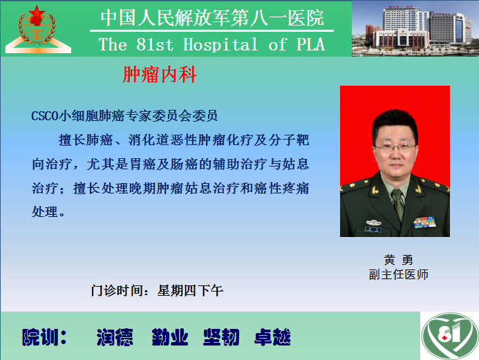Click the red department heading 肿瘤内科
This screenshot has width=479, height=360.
tap(160, 75)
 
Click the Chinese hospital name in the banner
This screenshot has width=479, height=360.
tap(212, 18)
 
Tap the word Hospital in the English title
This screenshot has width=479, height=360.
tap(220, 45)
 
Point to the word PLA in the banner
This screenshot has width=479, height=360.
tap(310, 45)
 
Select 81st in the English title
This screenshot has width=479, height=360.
tap(155, 45)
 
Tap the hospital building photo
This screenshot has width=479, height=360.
tap(415, 29)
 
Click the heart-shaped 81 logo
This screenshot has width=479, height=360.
tap(449, 336)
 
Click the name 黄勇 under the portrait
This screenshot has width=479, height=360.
tap(398, 260)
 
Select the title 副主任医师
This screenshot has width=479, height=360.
tap(398, 274)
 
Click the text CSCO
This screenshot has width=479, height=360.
tap(45, 116)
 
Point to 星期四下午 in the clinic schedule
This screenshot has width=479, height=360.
tap(190, 290)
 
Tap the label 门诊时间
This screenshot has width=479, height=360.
tap(117, 290)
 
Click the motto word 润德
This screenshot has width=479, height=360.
tap(115, 337)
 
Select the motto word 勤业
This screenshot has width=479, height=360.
tap(170, 337)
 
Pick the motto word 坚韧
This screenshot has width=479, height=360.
tap(221, 337)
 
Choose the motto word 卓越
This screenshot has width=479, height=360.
tap(272, 337)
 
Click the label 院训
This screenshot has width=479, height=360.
tap(44, 337)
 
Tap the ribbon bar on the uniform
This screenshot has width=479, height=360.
tap(424, 222)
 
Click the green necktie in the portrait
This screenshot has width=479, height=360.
tap(398, 203)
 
